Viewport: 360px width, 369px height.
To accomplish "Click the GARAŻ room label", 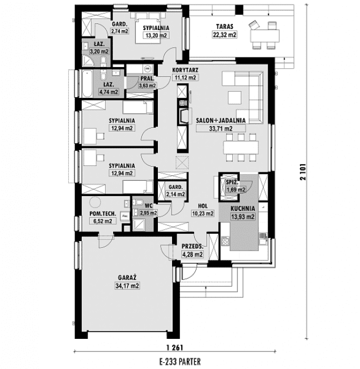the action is (x=127, y=277).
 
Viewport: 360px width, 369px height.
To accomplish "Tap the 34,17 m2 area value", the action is (x=127, y=286).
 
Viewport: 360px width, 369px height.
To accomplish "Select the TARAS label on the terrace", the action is (x=225, y=27).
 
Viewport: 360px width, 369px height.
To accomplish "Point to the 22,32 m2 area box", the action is (x=225, y=35).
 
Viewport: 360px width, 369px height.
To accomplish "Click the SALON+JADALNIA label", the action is (x=221, y=121).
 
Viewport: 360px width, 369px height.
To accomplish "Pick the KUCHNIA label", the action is (x=242, y=209).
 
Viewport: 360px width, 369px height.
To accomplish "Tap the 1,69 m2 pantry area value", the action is (x=236, y=190).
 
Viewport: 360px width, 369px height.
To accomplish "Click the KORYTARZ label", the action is (x=185, y=70).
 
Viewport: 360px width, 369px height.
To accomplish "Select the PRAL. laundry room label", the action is (x=147, y=78).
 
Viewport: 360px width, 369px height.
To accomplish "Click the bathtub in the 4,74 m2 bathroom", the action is (x=87, y=84).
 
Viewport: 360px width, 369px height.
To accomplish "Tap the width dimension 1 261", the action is (x=174, y=347).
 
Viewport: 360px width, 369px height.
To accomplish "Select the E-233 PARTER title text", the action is (x=180, y=361).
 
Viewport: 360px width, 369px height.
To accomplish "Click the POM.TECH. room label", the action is (x=103, y=214).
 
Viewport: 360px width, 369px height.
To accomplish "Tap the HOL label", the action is (x=203, y=206).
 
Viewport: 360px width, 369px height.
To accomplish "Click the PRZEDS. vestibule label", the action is (x=192, y=246).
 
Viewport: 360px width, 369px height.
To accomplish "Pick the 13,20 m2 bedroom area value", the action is (x=156, y=35).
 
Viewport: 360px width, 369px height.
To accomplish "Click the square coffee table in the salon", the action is (x=235, y=98).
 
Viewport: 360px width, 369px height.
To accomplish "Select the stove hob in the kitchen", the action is (x=225, y=241).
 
